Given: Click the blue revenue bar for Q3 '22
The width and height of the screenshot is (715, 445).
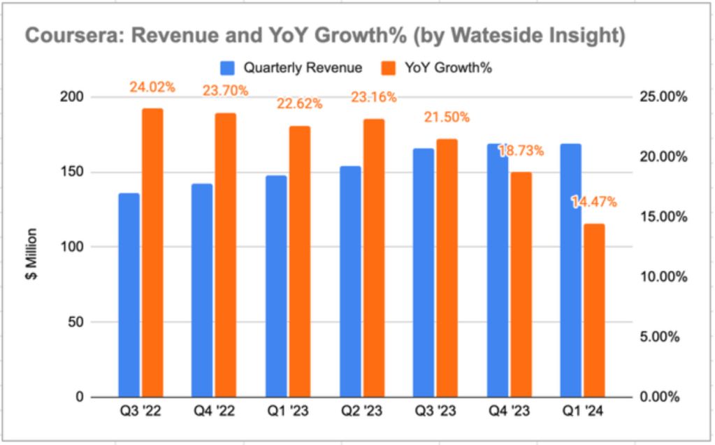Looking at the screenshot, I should coord(129,295).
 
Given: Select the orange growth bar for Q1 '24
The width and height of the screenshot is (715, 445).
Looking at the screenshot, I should coord(594,310).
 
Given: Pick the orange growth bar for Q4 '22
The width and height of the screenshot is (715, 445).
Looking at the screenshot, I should coord(226,255).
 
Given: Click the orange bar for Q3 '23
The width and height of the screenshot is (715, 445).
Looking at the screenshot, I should coord(447,268).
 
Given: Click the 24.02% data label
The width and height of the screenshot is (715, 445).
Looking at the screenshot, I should coord(152,88).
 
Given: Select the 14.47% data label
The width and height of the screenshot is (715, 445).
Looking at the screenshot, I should coord(593,203).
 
